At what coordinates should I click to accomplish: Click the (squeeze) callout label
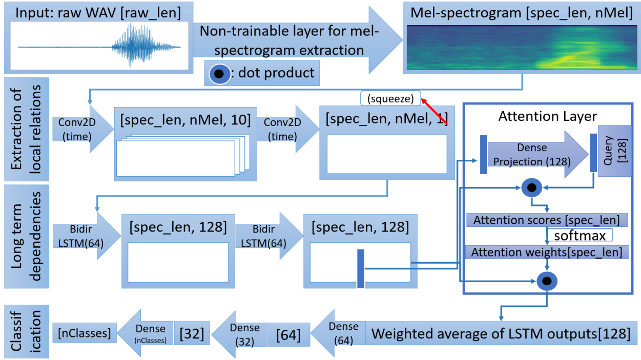[x=390, y=99]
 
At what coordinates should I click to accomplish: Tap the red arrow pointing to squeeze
[x=434, y=111]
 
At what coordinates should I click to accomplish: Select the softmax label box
[x=580, y=236]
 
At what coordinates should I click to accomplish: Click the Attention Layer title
[x=548, y=116]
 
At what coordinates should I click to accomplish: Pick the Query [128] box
[x=615, y=151]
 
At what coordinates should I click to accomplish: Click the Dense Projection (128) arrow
[x=537, y=155]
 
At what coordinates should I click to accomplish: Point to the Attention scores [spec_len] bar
[x=547, y=220]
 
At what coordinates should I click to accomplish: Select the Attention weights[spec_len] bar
[x=547, y=252]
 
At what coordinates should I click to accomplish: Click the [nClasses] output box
[x=85, y=333]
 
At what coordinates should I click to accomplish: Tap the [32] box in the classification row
[x=192, y=333]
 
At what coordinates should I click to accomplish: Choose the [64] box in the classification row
[x=288, y=335]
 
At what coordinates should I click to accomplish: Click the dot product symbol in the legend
[x=219, y=74]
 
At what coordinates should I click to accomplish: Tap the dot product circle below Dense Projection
[x=532, y=187]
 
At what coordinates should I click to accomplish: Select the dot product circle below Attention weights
[x=547, y=281]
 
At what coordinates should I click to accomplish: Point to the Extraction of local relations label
[x=26, y=129]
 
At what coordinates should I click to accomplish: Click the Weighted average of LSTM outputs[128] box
[x=501, y=333]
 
